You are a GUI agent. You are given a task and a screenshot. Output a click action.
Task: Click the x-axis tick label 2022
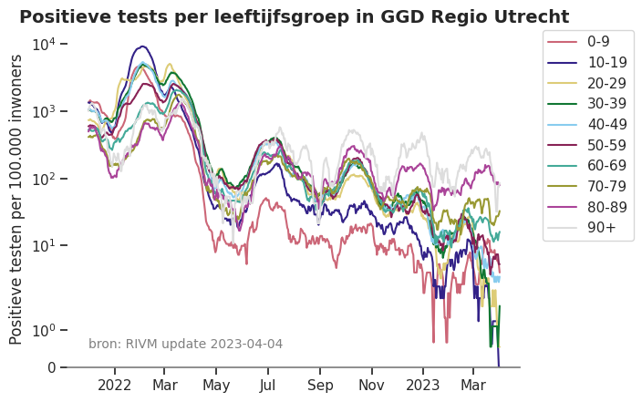115,386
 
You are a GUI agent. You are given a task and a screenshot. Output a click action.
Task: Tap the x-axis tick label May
216,386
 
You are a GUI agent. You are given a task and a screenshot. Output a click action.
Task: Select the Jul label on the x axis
268,386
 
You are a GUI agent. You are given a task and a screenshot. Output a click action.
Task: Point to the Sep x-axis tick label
320,386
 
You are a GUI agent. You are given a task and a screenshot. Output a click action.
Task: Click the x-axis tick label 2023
422,386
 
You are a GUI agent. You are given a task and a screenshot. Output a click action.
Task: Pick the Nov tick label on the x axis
371,386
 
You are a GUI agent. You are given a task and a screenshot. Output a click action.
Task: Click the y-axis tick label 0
51,368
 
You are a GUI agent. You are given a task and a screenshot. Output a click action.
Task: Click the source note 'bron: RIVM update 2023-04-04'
185,344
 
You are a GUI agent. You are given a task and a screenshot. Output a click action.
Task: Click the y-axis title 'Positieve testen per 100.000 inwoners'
17,199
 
